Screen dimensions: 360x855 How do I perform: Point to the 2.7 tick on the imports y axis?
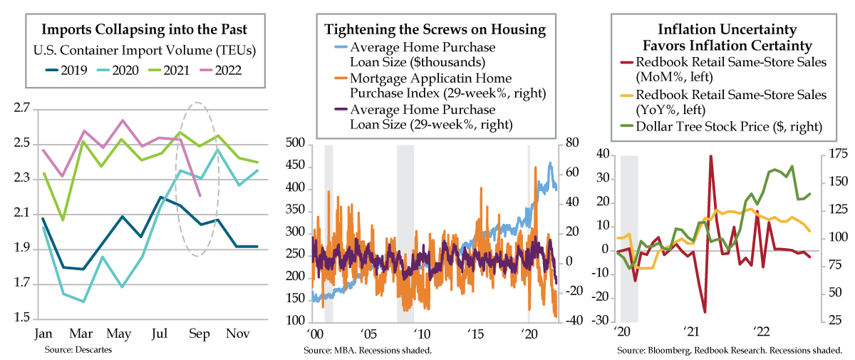tap(21, 109)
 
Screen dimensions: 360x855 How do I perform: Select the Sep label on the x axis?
tap(199, 334)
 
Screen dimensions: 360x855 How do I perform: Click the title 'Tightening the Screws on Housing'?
tap(435, 30)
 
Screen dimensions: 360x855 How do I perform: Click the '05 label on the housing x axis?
tap(368, 334)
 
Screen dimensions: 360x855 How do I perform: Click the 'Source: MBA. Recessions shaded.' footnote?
tap(368, 351)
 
